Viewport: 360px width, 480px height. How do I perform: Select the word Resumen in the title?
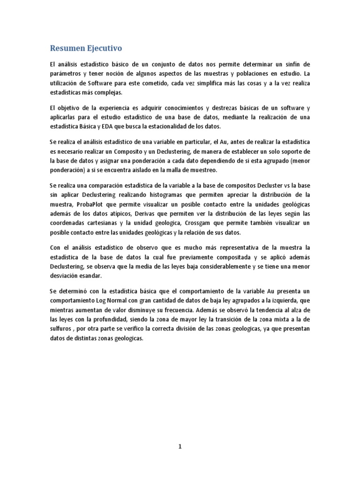[67, 48]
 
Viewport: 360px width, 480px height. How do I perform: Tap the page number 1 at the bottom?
[180, 446]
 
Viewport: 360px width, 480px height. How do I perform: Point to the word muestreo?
[202, 170]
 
